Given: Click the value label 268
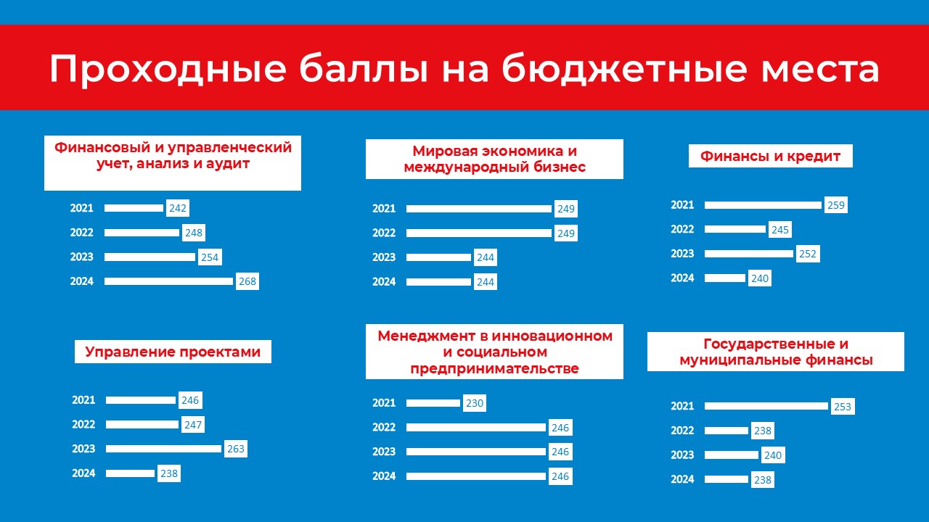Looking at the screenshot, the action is click(x=247, y=281).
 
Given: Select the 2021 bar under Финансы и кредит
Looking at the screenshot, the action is click(x=763, y=205).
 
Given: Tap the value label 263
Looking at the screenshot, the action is click(x=236, y=449).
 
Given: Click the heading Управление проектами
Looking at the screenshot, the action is click(x=173, y=352).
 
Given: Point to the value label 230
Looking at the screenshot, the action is click(x=475, y=403).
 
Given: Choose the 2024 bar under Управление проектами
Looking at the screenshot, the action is click(x=130, y=473).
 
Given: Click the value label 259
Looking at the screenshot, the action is click(x=835, y=205).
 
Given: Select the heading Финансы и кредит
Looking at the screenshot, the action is click(x=770, y=156).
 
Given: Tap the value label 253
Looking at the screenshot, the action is click(x=843, y=407).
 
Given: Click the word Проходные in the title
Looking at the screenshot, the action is click(x=168, y=68).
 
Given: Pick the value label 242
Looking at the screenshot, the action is click(x=178, y=208).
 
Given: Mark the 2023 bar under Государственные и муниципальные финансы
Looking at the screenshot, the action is click(x=732, y=455).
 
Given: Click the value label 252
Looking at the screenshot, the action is click(x=808, y=254).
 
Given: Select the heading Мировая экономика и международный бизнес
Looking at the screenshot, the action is click(x=494, y=159).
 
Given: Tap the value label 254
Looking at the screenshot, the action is click(x=210, y=257).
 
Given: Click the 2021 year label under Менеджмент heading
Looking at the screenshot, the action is click(x=384, y=402).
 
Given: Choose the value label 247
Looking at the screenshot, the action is click(x=192, y=425).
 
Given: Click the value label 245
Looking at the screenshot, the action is click(x=779, y=230).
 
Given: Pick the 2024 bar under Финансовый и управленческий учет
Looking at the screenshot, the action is click(x=169, y=281).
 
